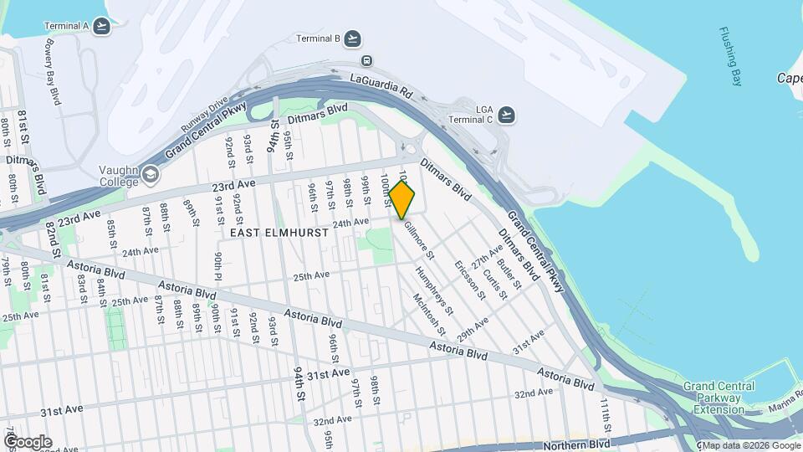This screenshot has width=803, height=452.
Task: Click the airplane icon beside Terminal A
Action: click(103, 26)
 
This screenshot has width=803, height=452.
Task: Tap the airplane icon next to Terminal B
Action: click(353, 39)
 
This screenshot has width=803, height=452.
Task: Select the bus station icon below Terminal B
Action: click(366, 60)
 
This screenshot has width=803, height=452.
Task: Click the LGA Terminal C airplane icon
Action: click(505, 115)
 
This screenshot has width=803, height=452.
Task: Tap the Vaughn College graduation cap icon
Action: click(151, 174)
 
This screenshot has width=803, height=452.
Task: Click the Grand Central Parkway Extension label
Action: click(718, 398)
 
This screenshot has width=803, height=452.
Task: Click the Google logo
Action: click(28, 442)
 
